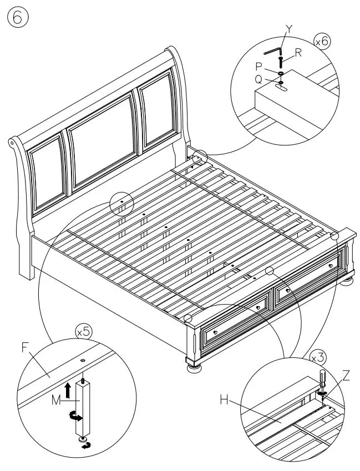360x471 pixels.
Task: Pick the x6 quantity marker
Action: (x=321, y=42)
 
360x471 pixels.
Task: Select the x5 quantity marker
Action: (x=84, y=333)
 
